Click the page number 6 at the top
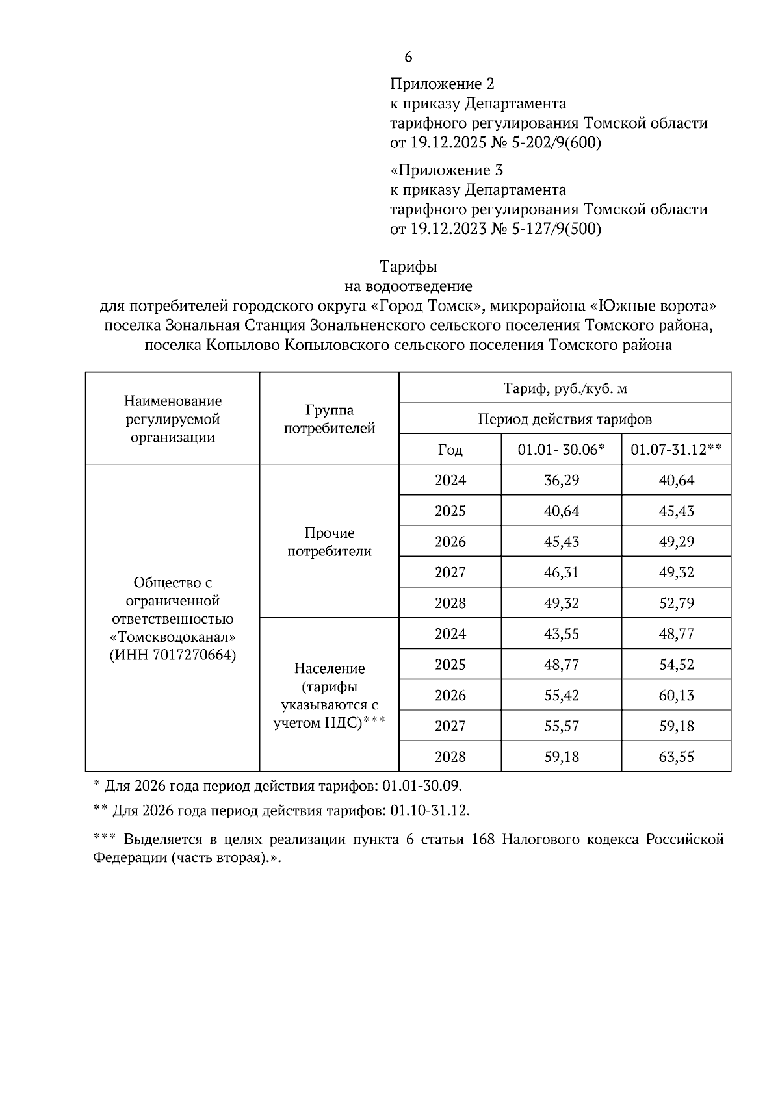tap(408, 57)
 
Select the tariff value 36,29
tap(561, 481)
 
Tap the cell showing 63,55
tap(676, 757)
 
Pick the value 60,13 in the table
tap(676, 696)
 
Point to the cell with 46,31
tap(561, 572)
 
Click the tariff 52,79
tap(676, 603)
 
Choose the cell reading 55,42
tap(561, 696)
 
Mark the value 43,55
tap(561, 634)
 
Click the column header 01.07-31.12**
tap(676, 450)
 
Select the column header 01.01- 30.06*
tap(561, 450)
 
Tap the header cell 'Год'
tap(450, 450)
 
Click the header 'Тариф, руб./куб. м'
tap(565, 388)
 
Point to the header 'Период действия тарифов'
tap(565, 419)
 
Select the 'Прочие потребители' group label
tap(330, 542)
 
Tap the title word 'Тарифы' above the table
tap(408, 266)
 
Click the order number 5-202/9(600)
tap(556, 143)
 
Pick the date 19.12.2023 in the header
tap(437, 229)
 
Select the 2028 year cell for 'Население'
tap(450, 757)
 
